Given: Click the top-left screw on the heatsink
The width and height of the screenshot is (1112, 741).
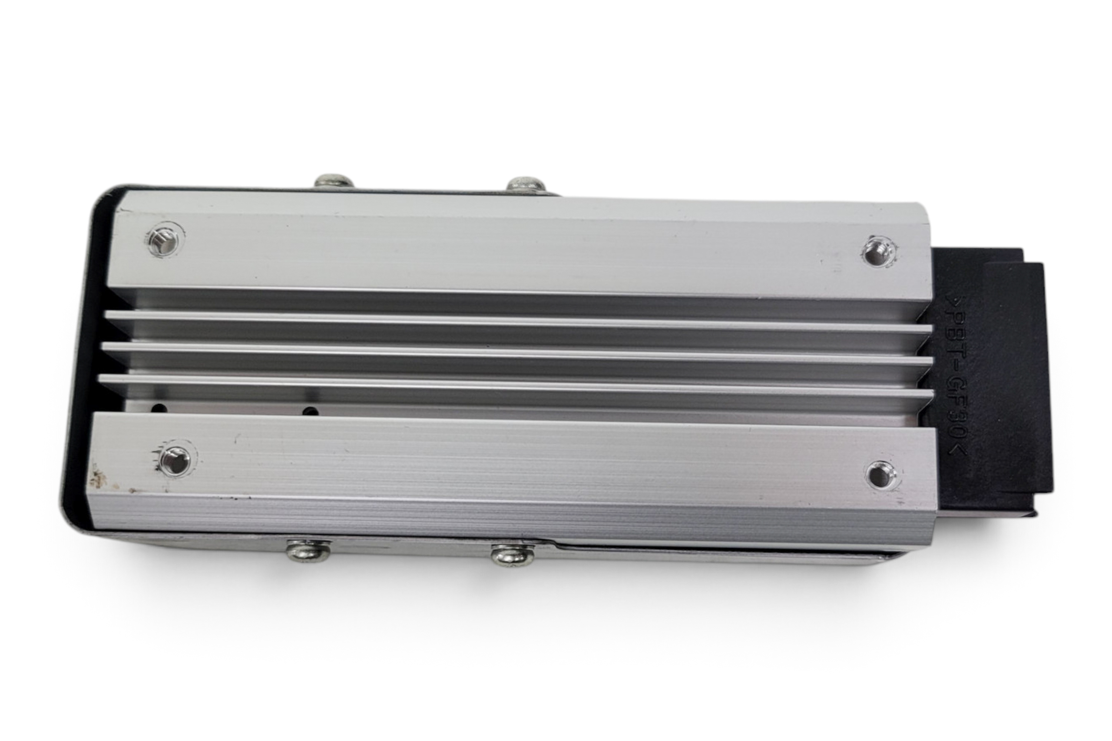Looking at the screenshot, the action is (x=165, y=240).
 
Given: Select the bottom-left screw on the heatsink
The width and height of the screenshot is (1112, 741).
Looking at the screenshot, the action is (x=175, y=460).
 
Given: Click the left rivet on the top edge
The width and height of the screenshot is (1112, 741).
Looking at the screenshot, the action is (x=334, y=181).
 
